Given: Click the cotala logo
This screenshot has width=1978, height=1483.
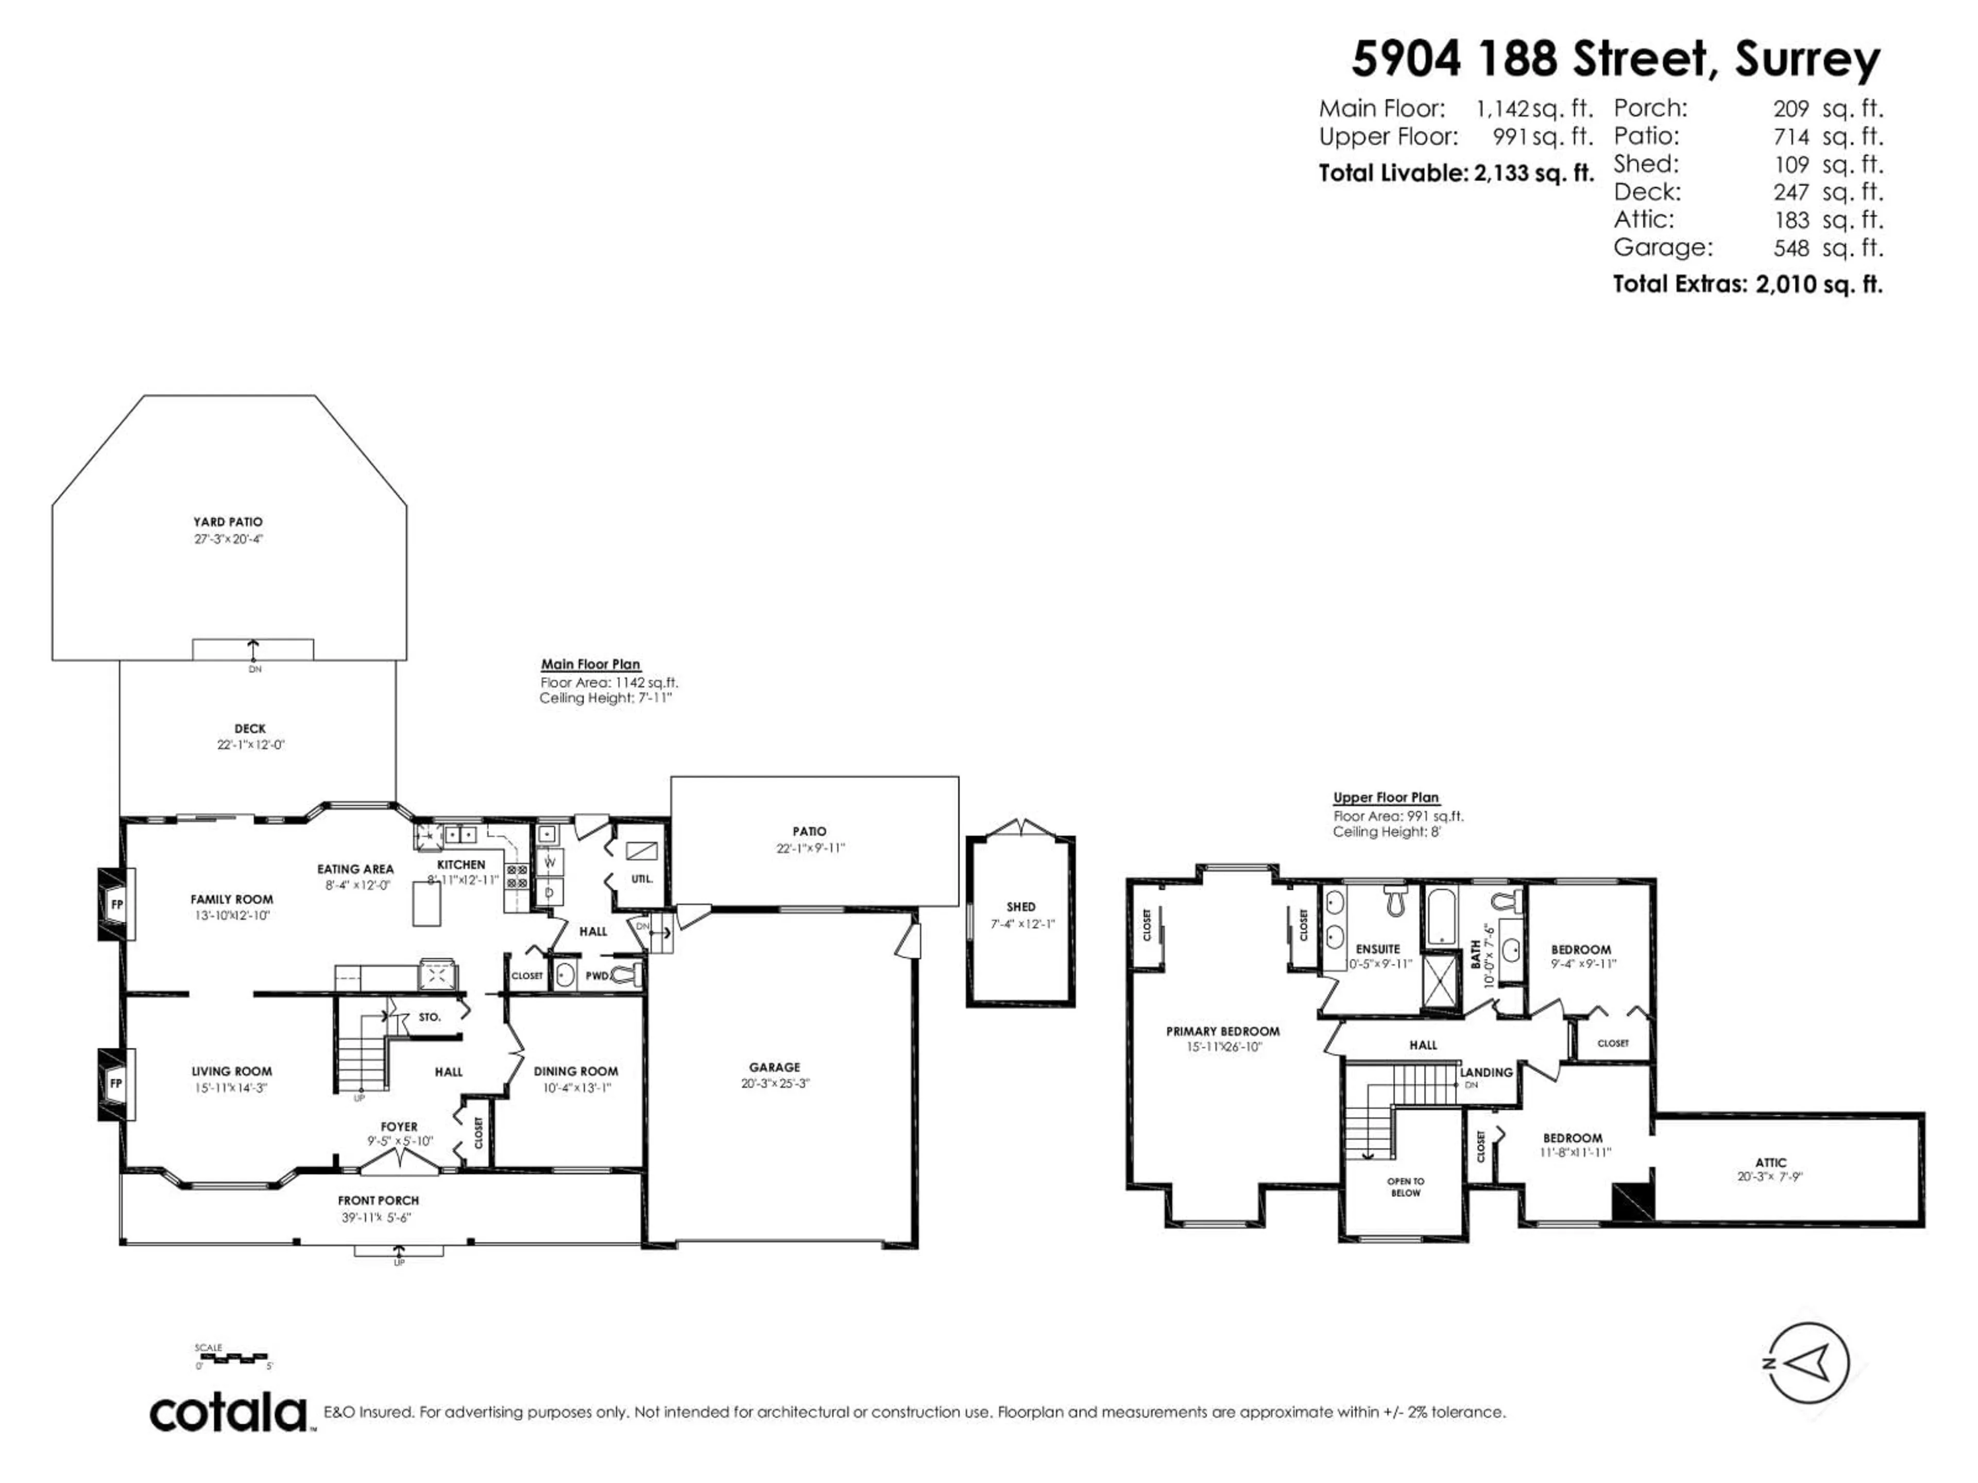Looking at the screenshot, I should point(228,1414).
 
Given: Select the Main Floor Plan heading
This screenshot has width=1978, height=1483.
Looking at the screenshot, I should point(590,664).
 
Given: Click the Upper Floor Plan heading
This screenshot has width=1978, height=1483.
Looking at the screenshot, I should point(1386,797).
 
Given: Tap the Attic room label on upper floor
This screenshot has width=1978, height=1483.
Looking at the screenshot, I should point(1770,1162).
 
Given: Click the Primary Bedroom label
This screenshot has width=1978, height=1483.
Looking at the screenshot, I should point(1222,1031).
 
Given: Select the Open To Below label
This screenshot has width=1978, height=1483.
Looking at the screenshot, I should point(1406,1187).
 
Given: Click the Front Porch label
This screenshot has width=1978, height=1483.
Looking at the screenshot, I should point(378,1200).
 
